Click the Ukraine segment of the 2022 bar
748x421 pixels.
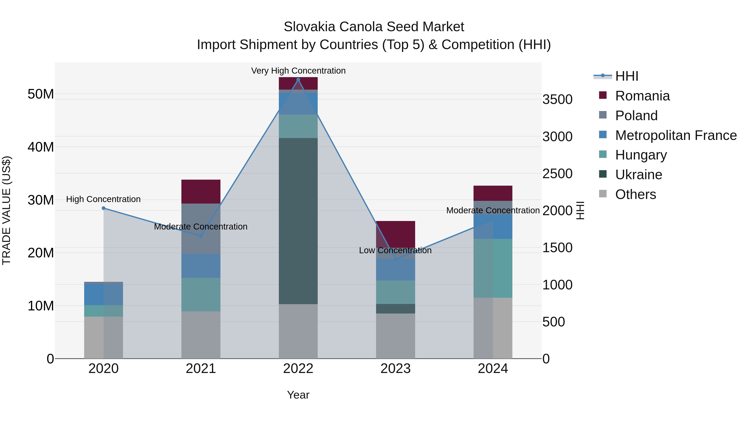pyautogui.click(x=298, y=221)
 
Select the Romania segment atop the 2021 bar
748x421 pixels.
pyautogui.click(x=201, y=191)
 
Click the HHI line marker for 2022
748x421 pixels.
pyautogui.click(x=298, y=80)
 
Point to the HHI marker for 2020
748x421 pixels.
pyautogui.click(x=103, y=208)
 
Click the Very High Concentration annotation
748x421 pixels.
pyautogui.click(x=298, y=71)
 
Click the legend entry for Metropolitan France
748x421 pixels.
pyautogui.click(x=675, y=135)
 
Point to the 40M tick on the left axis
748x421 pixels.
pyautogui.click(x=41, y=147)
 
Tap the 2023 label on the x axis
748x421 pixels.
pyautogui.click(x=395, y=369)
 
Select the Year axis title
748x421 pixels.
pyautogui.click(x=298, y=395)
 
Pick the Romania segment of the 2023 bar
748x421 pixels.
pyautogui.click(x=395, y=234)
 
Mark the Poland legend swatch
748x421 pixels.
pyautogui.click(x=603, y=115)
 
